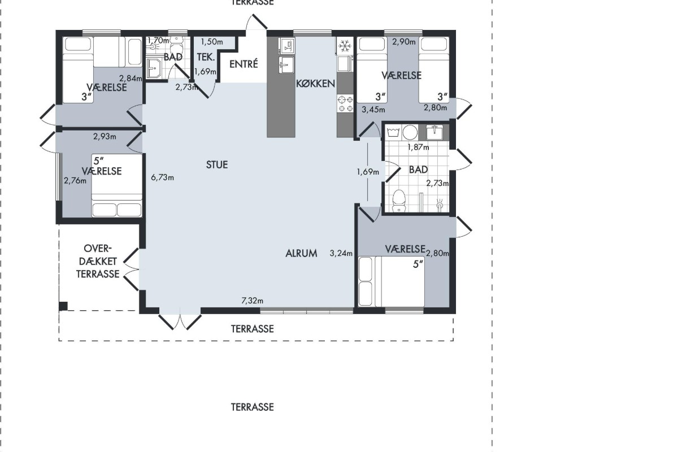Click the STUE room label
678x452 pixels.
[x=217, y=164]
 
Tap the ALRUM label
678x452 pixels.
[x=301, y=253]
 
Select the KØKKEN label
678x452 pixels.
[x=315, y=84]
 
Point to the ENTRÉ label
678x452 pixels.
[x=244, y=64]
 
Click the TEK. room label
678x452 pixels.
[x=206, y=57]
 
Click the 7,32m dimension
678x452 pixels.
[x=252, y=301]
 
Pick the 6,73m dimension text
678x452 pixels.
[x=163, y=177]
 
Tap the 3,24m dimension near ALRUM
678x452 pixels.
[x=341, y=253]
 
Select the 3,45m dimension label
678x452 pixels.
[x=373, y=110]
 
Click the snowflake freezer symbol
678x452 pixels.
[x=345, y=46]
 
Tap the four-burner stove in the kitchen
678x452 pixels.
[x=345, y=103]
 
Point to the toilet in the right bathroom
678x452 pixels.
[x=399, y=201]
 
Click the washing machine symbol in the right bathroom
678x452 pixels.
[x=393, y=132]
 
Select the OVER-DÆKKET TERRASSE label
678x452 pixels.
[x=97, y=261]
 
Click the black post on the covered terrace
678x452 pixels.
[x=63, y=306]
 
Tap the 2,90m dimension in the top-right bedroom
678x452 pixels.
[x=404, y=42]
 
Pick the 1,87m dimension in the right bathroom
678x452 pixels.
[x=418, y=147]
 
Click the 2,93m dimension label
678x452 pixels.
[x=105, y=137]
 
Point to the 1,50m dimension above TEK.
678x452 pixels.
[x=212, y=42]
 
